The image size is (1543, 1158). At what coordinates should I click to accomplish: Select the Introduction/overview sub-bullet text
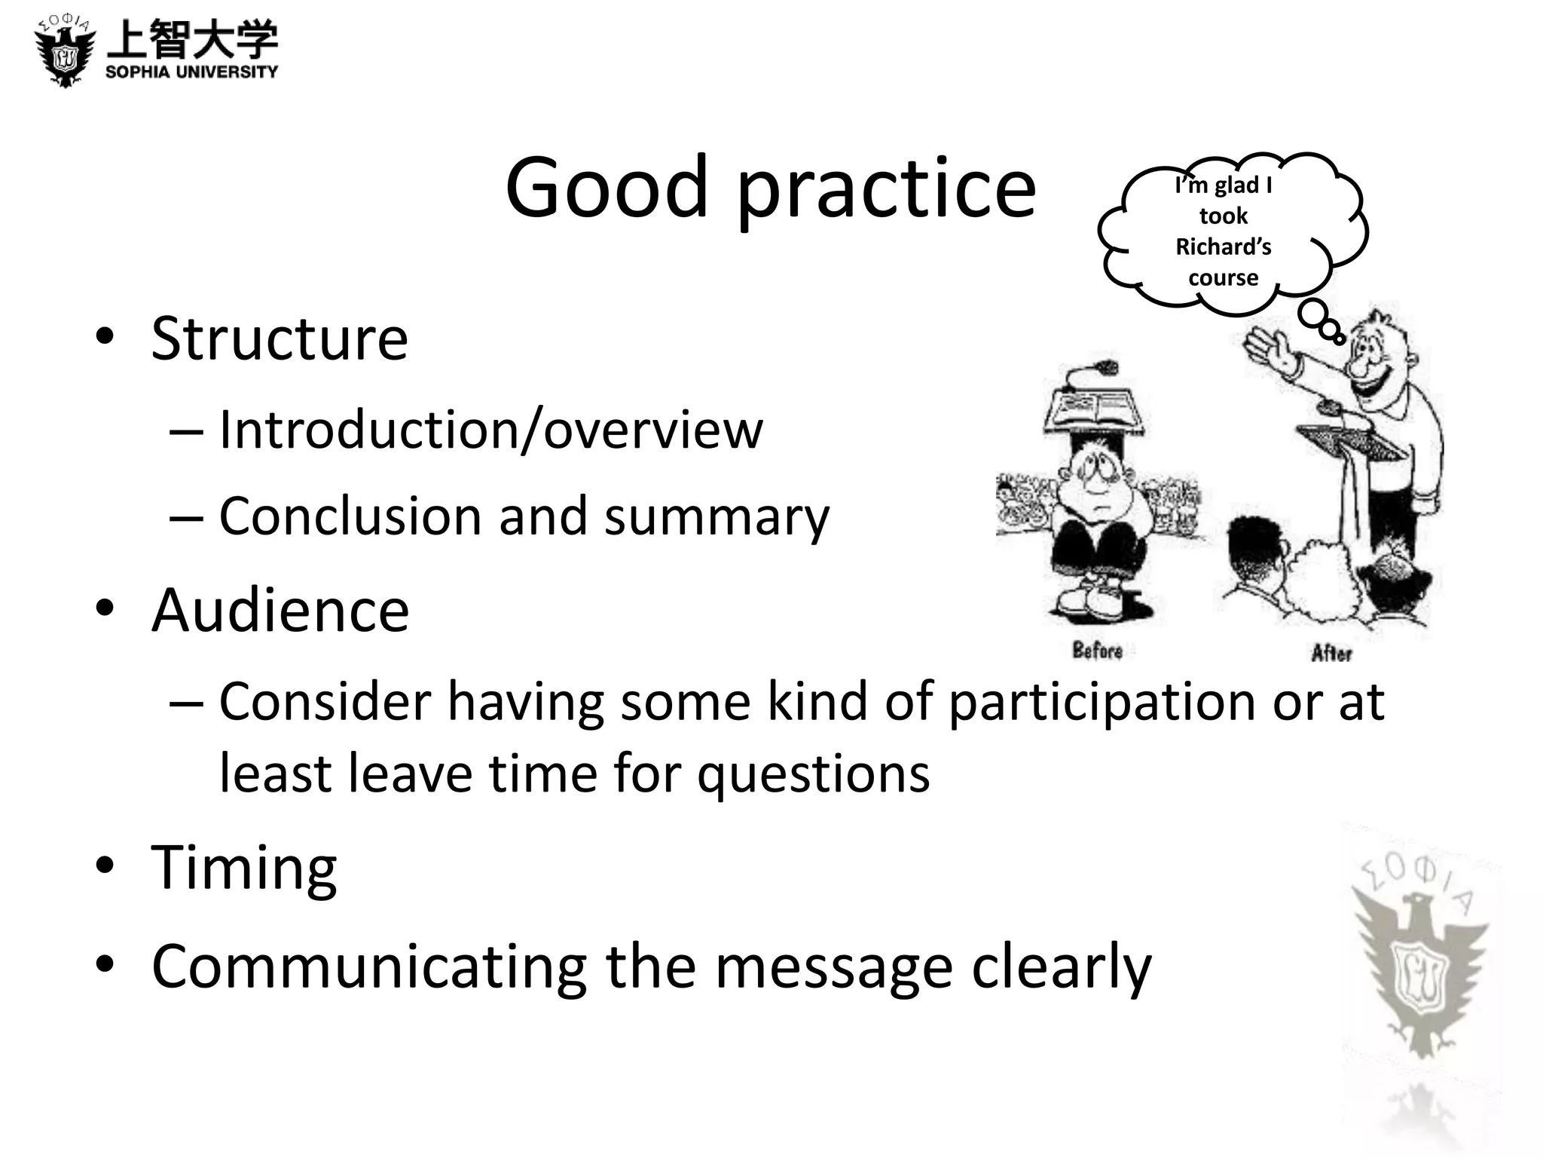pyautogui.click(x=490, y=430)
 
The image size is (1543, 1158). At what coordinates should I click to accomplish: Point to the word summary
pyautogui.click(x=717, y=517)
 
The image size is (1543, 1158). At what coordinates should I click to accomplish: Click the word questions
pyautogui.click(x=814, y=774)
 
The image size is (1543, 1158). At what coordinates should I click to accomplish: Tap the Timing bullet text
pyautogui.click(x=244, y=868)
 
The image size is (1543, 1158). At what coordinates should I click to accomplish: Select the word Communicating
pyautogui.click(x=369, y=967)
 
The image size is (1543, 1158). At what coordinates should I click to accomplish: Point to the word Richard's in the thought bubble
pyautogui.click(x=1223, y=247)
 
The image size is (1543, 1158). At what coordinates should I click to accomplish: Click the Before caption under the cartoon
pyautogui.click(x=1097, y=650)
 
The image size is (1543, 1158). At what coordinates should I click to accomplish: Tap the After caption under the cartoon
pyautogui.click(x=1331, y=653)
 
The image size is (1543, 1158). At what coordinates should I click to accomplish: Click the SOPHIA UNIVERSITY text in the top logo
pyautogui.click(x=191, y=72)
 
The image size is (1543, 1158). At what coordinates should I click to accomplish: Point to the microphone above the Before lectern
pyautogui.click(x=1107, y=368)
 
